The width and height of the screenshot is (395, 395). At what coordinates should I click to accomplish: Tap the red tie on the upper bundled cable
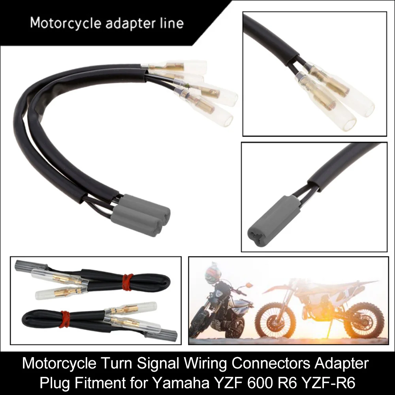(126, 281)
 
